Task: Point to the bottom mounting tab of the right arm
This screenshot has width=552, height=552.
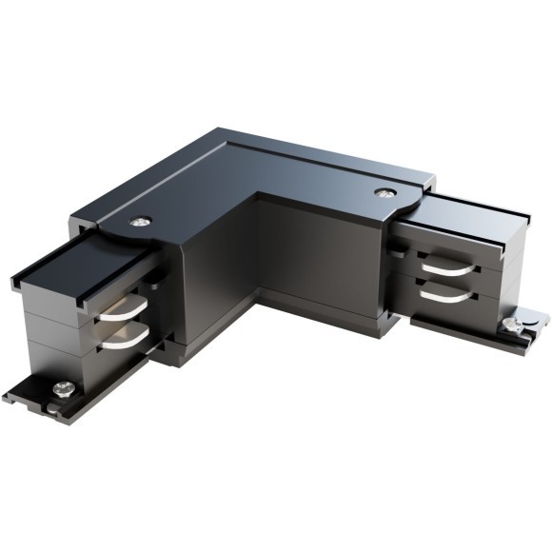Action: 519,335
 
